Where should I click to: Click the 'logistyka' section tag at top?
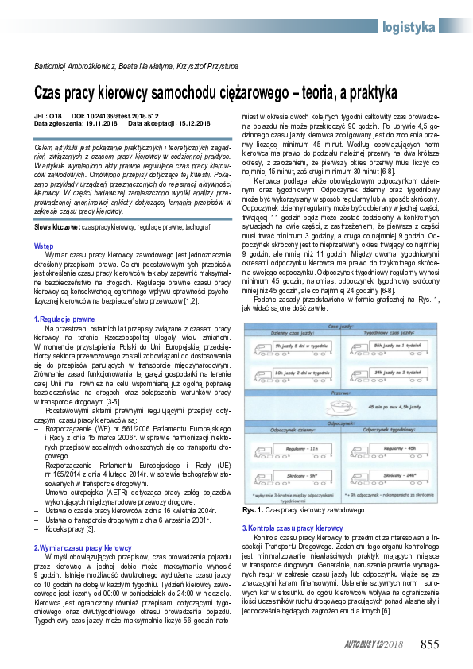pyautogui.click(x=408, y=27)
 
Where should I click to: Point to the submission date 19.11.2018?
pyautogui.click(x=98, y=123)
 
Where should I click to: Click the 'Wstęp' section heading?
pyautogui.click(x=44, y=246)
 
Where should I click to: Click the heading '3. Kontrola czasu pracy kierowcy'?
pyautogui.click(x=292, y=506)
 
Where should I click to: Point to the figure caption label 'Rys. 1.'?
pyautogui.click(x=252, y=487)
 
